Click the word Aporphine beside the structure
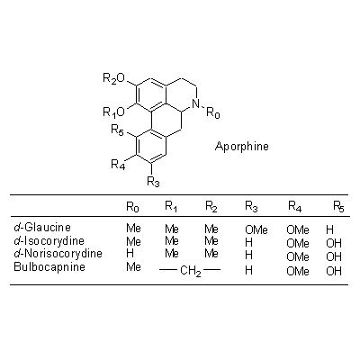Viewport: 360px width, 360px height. coord(242,147)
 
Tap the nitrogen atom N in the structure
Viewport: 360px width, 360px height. coord(195,103)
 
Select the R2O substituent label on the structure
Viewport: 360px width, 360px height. coord(114,79)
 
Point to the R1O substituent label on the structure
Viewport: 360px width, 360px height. coord(114,112)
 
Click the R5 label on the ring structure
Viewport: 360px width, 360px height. coord(118,130)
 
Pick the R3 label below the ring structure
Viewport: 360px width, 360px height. coord(153,182)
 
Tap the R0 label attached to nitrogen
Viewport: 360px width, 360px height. coord(213,113)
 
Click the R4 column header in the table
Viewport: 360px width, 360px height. coord(295,206)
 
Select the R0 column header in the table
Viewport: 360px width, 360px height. coord(132,207)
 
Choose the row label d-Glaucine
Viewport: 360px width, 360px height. coord(42,227)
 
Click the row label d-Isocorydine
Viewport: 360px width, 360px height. coord(49,240)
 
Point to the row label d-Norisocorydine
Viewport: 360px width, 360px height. coord(58,254)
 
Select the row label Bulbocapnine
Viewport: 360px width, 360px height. coord(49,266)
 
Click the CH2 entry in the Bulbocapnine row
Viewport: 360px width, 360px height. coord(191,271)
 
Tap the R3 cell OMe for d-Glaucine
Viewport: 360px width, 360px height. coord(256,230)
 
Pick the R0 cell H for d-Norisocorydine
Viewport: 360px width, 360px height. coord(130,254)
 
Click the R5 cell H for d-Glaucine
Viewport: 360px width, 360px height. coord(329,229)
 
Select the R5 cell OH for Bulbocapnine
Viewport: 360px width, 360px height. coord(334,271)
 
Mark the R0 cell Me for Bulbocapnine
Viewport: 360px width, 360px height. coord(133,266)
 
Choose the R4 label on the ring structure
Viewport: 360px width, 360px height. coord(118,165)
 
